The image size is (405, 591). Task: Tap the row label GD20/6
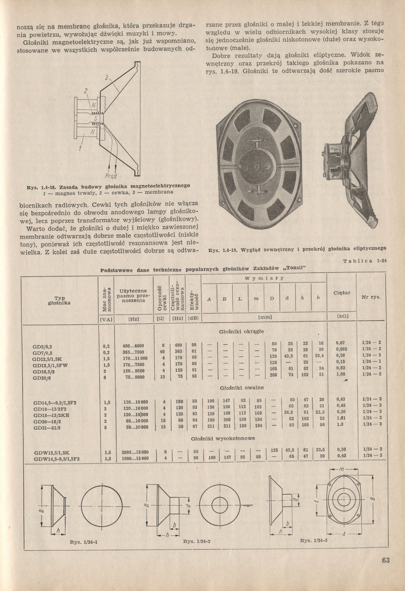(41, 377)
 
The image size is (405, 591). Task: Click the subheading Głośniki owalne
(241, 388)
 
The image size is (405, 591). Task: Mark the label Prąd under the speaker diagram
(111, 176)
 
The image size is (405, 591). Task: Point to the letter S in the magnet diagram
(94, 118)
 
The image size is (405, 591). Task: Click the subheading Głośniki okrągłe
(241, 331)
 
